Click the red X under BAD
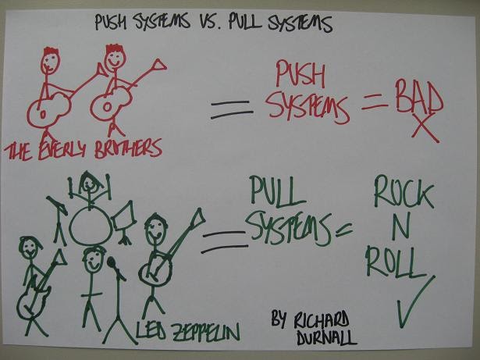pyautogui.click(x=425, y=130)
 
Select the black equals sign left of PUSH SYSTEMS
pyautogui.click(x=232, y=110)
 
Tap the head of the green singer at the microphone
pyautogui.click(x=94, y=260)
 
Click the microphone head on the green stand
pyautogui.click(x=112, y=263)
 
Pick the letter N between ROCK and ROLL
pyautogui.click(x=396, y=229)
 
